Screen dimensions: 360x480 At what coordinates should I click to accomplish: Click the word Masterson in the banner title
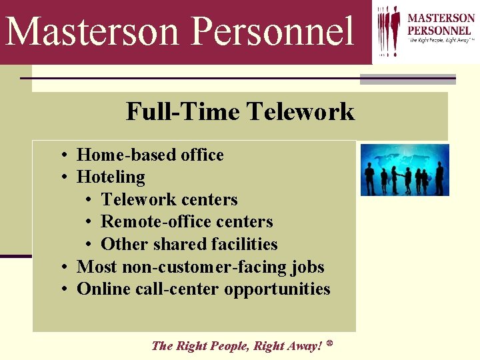tap(93, 31)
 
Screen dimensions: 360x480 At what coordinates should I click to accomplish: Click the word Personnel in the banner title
tap(273, 31)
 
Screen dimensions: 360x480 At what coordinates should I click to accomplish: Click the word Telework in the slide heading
tap(301, 111)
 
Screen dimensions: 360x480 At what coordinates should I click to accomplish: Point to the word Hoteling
tap(111, 177)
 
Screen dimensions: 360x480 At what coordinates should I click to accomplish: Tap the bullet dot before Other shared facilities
tap(89, 245)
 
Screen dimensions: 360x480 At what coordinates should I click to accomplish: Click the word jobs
tap(308, 267)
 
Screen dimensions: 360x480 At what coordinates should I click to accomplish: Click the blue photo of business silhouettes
tap(405, 170)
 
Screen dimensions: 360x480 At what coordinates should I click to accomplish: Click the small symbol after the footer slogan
tap(329, 343)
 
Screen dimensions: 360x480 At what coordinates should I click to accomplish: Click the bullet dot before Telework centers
tap(89, 200)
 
